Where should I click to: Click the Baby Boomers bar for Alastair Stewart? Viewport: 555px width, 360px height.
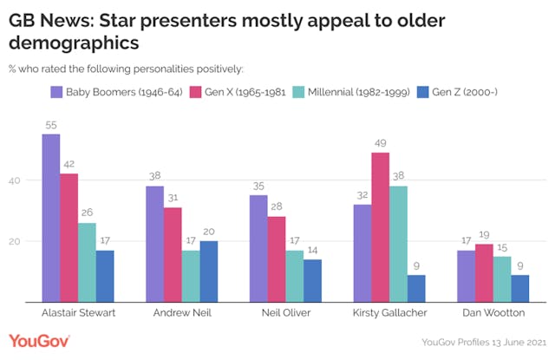[x=51, y=218]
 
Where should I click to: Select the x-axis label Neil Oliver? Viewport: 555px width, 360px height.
[x=277, y=314]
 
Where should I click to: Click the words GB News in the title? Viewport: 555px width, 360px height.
[x=49, y=17]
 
